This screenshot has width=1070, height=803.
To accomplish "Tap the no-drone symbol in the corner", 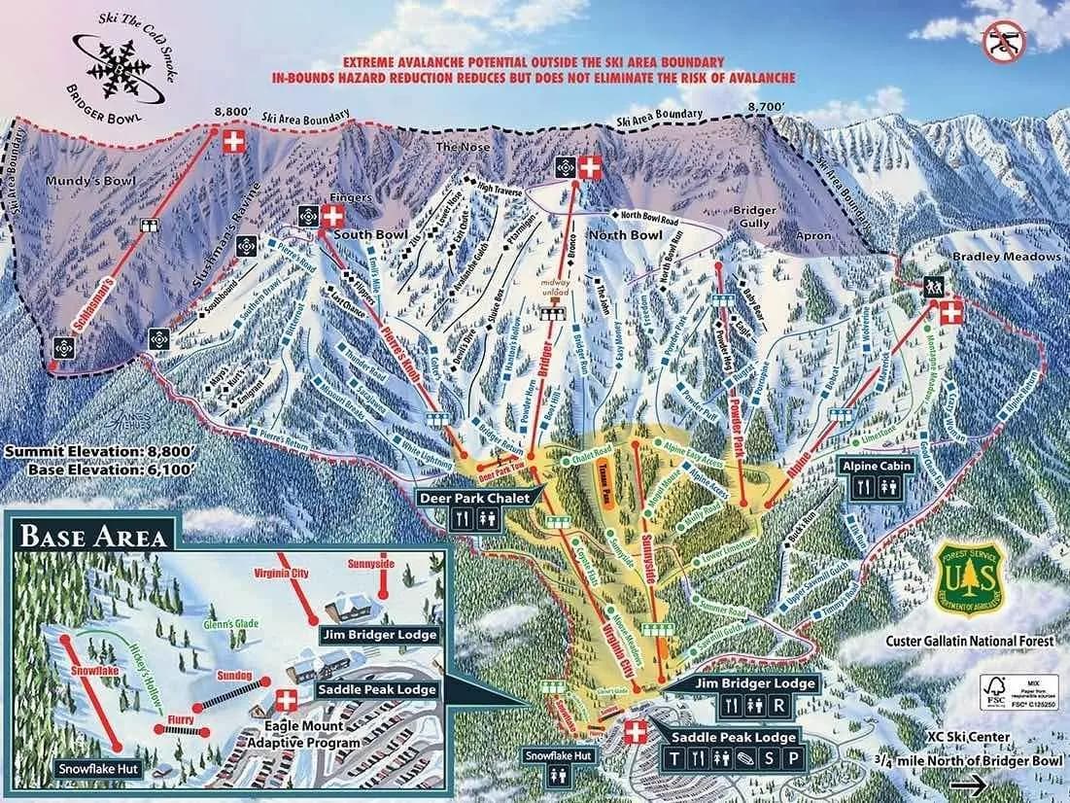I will click(1003, 42).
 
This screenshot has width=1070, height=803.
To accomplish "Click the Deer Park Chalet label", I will click(476, 499).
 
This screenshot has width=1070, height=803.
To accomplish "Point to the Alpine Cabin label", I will click(876, 466).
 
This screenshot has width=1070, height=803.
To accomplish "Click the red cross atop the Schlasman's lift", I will click(232, 142).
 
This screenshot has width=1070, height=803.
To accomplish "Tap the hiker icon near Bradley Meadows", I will click(933, 288).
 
